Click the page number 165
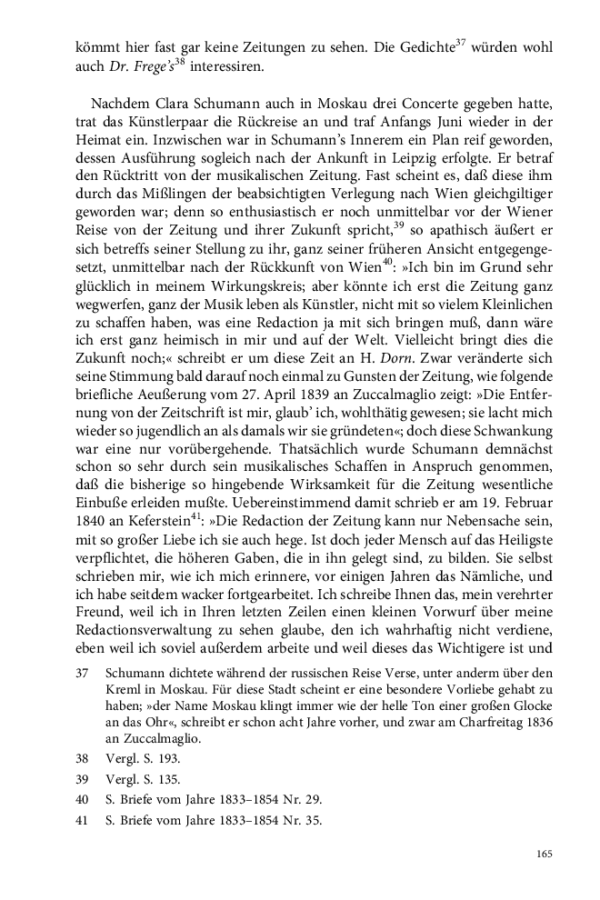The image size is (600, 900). pyautogui.click(x=544, y=854)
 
